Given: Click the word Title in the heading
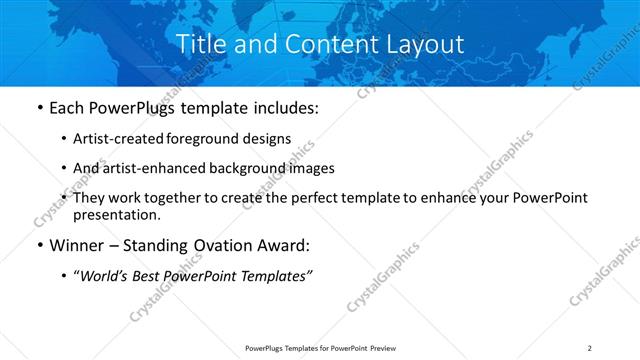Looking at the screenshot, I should [200, 45].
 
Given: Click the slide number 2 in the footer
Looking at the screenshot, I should [590, 347].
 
